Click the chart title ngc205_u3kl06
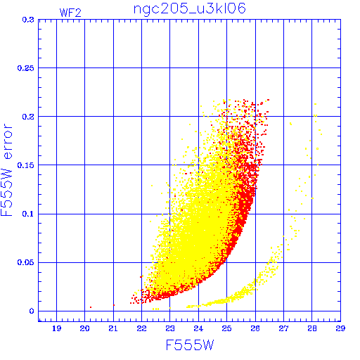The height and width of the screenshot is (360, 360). [189, 9]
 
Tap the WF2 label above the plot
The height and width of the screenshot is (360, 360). [70, 13]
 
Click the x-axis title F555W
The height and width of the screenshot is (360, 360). [190, 345]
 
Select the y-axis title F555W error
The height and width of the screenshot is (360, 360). [6, 170]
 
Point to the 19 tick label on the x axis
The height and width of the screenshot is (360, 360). [56, 328]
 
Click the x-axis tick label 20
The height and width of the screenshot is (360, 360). [84, 328]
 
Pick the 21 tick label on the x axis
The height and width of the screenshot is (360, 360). [113, 328]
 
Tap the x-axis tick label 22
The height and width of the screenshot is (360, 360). [141, 328]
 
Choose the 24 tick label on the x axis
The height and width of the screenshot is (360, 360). [198, 328]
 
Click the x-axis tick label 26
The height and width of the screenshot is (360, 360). [255, 328]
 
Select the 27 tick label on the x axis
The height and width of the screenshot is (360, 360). [283, 328]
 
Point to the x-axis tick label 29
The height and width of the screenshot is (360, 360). [340, 328]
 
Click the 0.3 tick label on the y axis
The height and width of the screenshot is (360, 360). [28, 20]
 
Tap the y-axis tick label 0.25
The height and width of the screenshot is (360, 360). [26, 68]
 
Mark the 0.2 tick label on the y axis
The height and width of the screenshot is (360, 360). [28, 117]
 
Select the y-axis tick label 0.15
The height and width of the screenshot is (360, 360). [26, 165]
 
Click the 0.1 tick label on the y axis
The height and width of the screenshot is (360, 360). [28, 214]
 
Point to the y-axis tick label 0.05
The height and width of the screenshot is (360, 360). [26, 262]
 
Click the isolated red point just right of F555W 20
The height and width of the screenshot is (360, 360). [91, 307]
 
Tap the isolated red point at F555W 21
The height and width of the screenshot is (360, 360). [114, 305]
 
